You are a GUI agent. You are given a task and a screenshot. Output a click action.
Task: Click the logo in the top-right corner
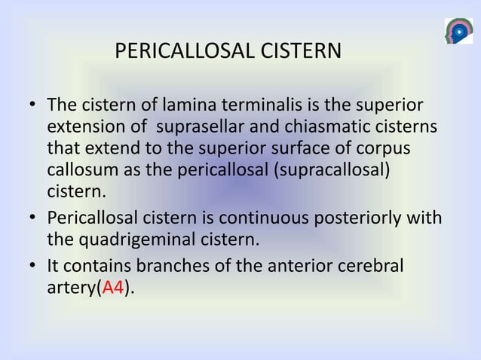point(458,31)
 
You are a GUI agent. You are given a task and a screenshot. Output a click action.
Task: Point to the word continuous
point(265,218)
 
